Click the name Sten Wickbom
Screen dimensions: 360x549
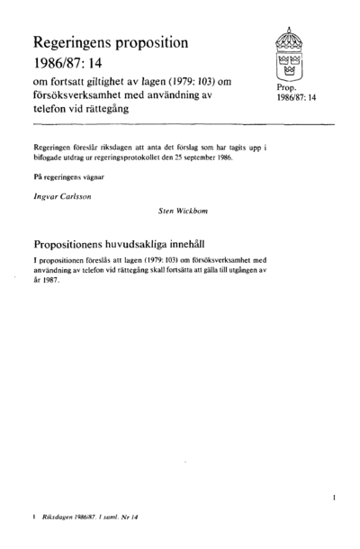coord(183,213)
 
